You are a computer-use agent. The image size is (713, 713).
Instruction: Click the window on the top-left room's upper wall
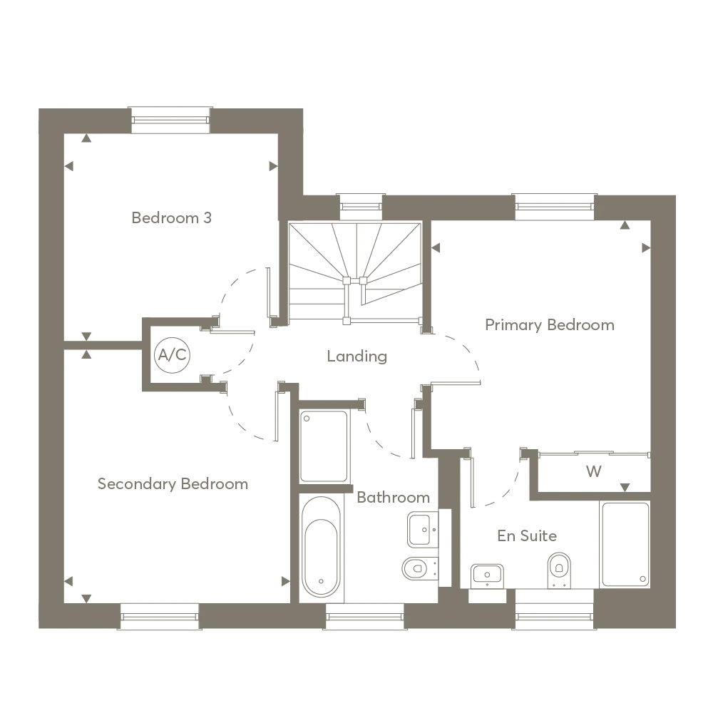[x=172, y=119]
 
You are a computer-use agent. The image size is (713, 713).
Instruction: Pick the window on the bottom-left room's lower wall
[x=159, y=615]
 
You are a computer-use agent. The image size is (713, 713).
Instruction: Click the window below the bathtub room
[x=365, y=615]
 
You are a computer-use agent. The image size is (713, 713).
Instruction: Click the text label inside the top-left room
[x=173, y=220]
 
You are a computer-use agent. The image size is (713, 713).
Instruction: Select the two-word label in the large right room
[x=550, y=324]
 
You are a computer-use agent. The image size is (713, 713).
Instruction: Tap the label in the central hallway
[x=356, y=357]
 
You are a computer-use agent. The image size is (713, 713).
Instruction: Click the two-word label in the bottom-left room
[x=173, y=484]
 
